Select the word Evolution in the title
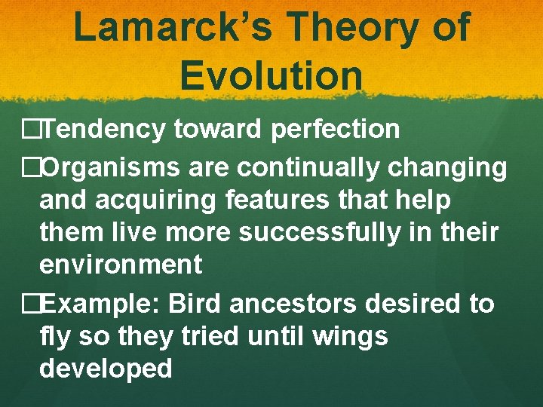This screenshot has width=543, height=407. tap(271, 75)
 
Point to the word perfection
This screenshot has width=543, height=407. tap(335, 130)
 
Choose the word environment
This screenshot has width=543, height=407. tap(121, 265)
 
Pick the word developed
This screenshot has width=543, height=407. tap(106, 369)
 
